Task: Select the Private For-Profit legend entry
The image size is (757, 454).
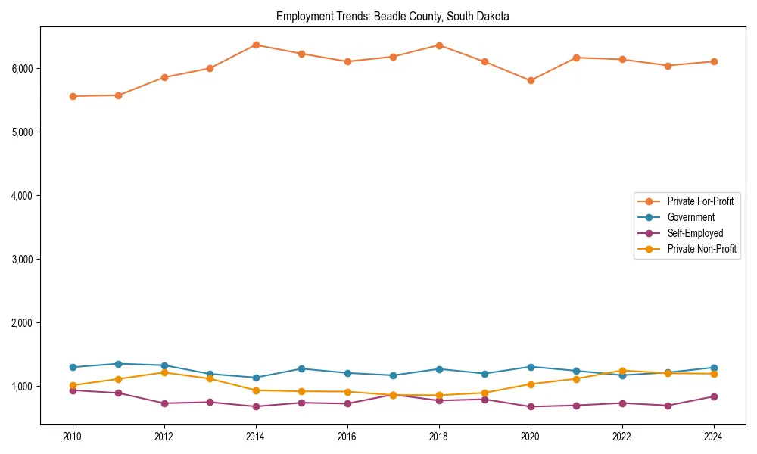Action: pos(700,201)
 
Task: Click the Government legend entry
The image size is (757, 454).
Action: pos(690,217)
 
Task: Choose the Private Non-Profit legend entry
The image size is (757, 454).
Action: pos(702,249)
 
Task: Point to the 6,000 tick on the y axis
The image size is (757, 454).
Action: pos(22,69)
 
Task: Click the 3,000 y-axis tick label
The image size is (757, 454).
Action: pos(22,260)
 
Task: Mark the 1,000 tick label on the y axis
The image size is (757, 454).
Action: pos(22,387)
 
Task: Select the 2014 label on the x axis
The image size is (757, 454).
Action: pos(256,437)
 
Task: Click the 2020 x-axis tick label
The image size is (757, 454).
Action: pos(531,437)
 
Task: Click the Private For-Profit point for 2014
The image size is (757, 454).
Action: pos(256,45)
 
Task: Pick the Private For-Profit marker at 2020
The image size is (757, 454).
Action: pos(531,80)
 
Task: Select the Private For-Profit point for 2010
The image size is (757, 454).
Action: pos(73,96)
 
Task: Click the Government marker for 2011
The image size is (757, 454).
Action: pos(118,364)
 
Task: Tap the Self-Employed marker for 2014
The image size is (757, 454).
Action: pos(256,406)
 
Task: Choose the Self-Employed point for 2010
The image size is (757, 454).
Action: pos(73,390)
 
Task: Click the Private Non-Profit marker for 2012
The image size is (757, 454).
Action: pos(164,372)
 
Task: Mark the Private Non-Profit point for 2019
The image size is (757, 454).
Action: pos(484,393)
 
